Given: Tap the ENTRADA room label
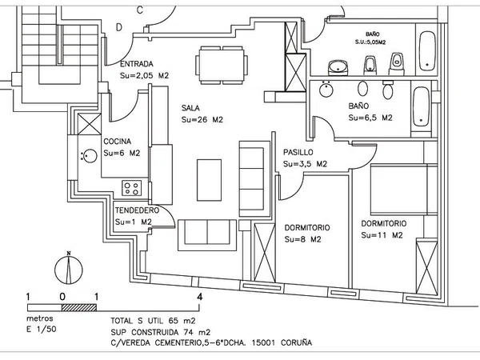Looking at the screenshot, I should (x=137, y=63).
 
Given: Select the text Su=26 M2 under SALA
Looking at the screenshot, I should (x=201, y=119).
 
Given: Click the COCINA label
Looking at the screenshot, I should (x=117, y=141).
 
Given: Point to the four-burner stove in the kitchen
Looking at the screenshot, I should (x=131, y=188).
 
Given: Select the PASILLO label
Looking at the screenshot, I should (x=298, y=151).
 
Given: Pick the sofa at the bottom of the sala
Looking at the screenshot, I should (x=207, y=231).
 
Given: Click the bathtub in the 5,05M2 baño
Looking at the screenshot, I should (x=426, y=50).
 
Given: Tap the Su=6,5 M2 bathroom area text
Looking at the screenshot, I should (x=370, y=118).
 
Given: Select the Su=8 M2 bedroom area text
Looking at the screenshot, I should (x=303, y=239).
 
